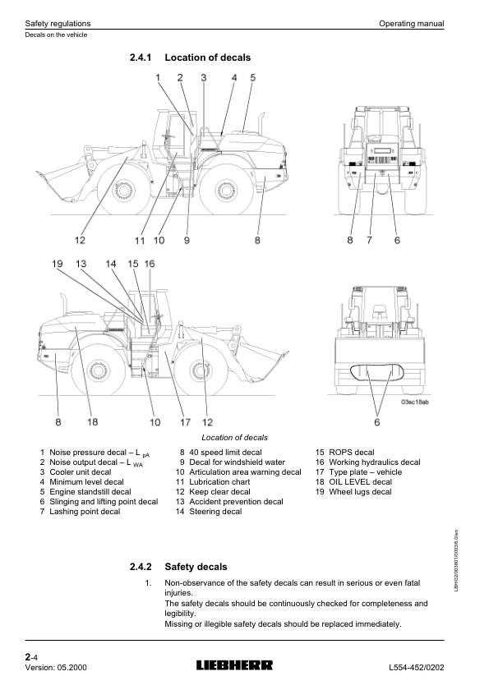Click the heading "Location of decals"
207,57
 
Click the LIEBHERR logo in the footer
234,665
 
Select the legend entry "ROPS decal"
352,453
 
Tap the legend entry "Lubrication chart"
219,482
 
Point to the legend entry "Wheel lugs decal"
360,492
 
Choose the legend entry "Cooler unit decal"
80,472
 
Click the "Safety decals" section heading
196,567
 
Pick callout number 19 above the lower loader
58,264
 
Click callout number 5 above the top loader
252,77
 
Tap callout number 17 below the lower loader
185,422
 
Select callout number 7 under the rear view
369,240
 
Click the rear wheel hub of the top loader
226,191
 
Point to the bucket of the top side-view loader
62,181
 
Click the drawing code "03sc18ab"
414,402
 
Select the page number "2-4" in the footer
31,657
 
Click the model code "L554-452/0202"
417,668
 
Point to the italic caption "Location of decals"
234,438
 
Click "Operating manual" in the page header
412,24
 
